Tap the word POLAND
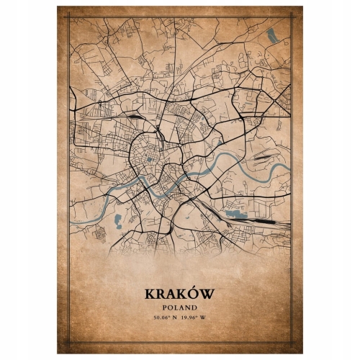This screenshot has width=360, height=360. pyautogui.click(x=180, y=307)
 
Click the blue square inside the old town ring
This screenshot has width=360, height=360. pyautogui.click(x=149, y=160)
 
